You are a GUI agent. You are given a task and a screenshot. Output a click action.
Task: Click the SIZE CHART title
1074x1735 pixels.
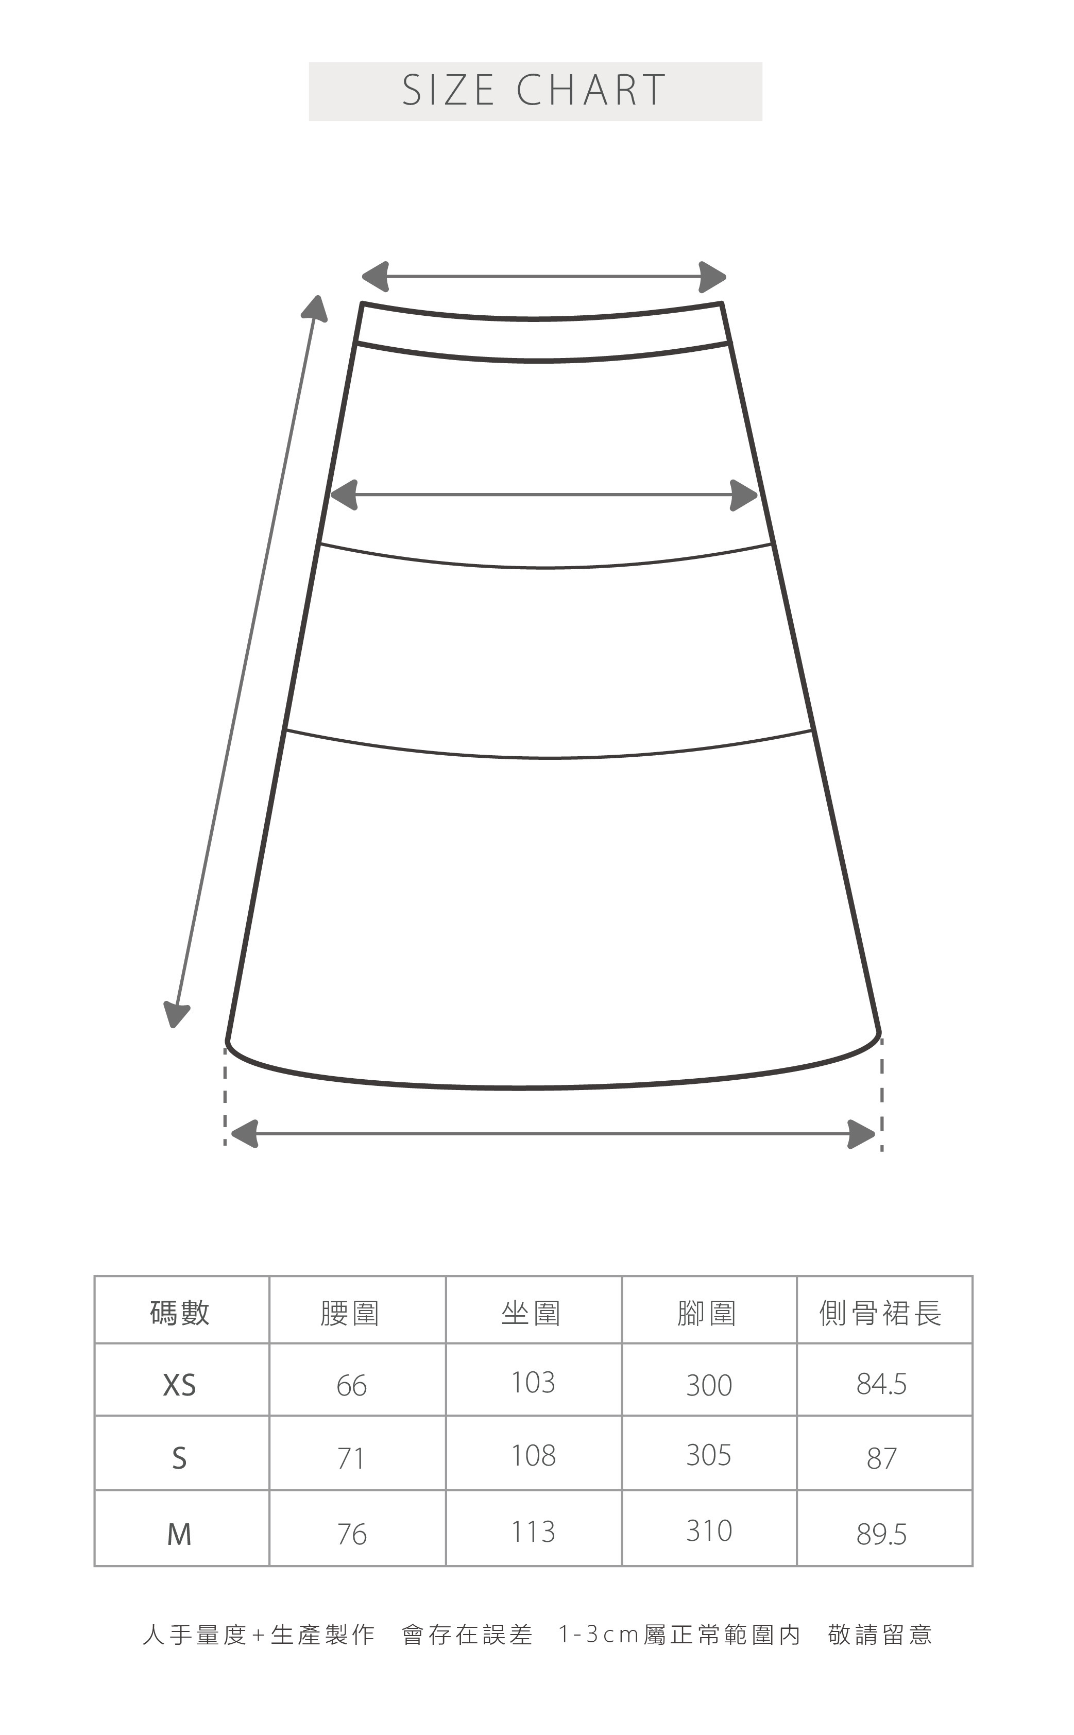coord(534,90)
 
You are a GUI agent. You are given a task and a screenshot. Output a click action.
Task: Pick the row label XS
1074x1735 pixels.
coord(179,1385)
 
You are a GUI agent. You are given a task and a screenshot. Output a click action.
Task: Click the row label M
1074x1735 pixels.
coord(179,1534)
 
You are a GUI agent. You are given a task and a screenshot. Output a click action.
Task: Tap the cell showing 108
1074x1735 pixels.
coord(534,1456)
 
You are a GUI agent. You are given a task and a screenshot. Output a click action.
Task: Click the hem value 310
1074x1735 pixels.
coord(709,1531)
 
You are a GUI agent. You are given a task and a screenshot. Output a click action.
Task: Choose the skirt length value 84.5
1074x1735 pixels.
coord(881,1384)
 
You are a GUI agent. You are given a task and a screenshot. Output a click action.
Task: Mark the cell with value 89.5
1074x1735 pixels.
coord(881,1535)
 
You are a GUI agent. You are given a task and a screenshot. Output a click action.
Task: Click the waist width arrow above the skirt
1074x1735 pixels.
coord(543,276)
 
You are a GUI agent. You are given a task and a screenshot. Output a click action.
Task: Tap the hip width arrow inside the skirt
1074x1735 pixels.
coord(543,495)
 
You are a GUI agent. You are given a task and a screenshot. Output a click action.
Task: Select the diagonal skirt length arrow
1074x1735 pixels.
coord(246,660)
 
